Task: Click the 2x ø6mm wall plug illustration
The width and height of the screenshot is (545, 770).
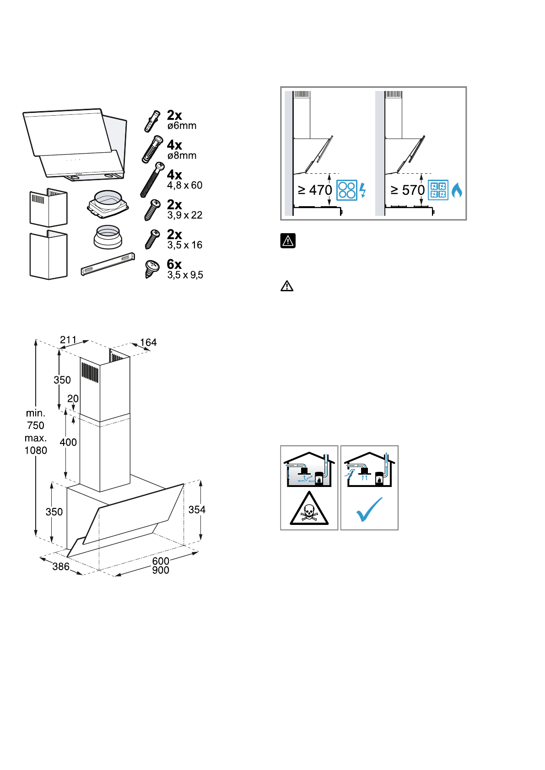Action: (x=152, y=121)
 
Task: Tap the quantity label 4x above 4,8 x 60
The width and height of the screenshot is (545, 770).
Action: (x=174, y=175)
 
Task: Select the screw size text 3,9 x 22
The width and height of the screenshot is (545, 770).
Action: (x=185, y=215)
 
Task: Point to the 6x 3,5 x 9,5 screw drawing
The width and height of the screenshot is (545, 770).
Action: (x=152, y=269)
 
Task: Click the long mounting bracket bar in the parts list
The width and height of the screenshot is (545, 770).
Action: (x=108, y=264)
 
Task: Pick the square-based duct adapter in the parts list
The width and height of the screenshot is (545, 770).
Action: (x=108, y=204)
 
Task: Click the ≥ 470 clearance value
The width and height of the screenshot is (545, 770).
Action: (x=315, y=190)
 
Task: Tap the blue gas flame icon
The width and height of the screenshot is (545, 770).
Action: (x=457, y=190)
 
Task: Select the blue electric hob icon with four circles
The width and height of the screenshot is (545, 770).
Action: (x=347, y=190)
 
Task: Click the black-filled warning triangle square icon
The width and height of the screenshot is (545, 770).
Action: (x=288, y=241)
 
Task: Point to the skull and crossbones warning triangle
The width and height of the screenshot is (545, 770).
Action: (x=309, y=508)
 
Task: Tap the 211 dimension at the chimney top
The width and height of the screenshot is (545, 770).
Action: (x=68, y=340)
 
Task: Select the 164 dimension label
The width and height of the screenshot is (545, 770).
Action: (x=148, y=342)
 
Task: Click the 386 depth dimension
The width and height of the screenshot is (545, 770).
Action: (x=61, y=567)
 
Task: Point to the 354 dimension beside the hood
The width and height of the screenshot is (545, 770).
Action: (x=197, y=510)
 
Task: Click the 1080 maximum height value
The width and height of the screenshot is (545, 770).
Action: (x=36, y=450)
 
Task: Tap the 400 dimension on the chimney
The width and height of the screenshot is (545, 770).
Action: (x=68, y=443)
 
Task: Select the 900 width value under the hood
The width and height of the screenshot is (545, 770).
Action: (x=161, y=570)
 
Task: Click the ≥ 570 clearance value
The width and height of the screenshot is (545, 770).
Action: (x=408, y=190)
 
